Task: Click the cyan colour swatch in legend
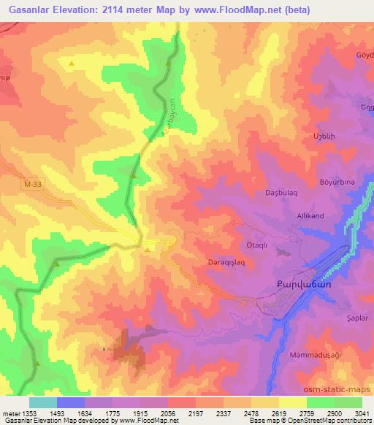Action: click(43, 402)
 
